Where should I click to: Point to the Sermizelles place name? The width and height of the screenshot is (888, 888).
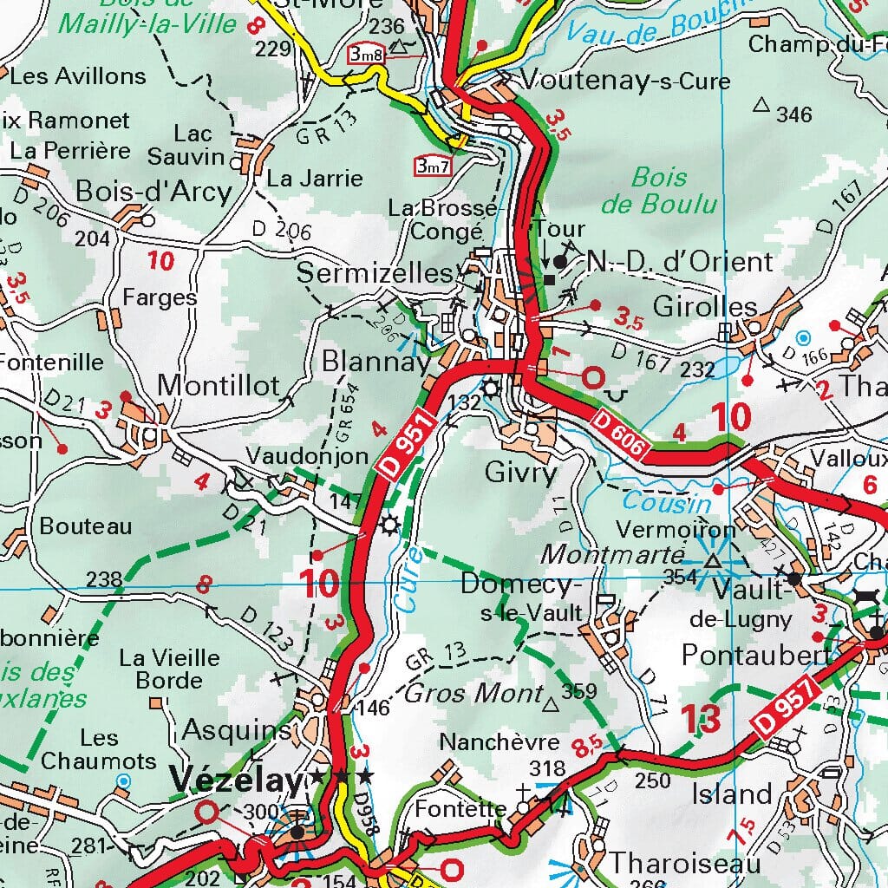click(x=375, y=274)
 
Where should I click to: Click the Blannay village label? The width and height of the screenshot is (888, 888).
click(x=375, y=362)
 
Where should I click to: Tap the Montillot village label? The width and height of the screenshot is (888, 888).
click(x=219, y=385)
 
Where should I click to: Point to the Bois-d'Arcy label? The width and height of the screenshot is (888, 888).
click(x=153, y=191)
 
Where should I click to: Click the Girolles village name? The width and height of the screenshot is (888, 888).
click(x=705, y=307)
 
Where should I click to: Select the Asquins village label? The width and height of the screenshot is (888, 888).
click(x=237, y=730)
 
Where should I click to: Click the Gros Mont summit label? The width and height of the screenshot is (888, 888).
click(x=473, y=694)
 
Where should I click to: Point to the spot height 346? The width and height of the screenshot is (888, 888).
click(x=794, y=114)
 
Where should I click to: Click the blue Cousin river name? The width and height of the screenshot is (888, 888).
click(x=667, y=502)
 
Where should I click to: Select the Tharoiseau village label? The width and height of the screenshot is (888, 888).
click(x=684, y=864)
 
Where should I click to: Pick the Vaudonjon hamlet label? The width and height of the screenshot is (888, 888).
click(x=295, y=455)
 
